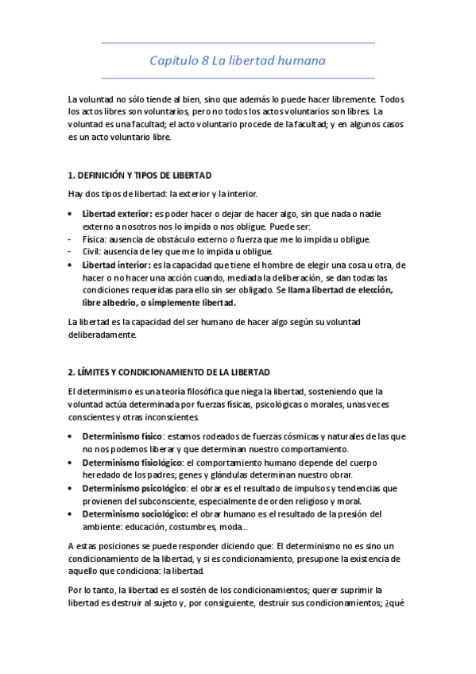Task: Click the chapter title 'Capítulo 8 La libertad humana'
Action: tap(238, 61)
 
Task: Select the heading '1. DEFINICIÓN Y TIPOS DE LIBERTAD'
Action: tap(140, 174)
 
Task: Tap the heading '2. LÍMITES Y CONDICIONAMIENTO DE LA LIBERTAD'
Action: tap(170, 371)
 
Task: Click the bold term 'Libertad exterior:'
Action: tap(117, 214)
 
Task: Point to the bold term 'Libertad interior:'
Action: tap(117, 265)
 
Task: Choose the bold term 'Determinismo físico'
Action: tap(122, 436)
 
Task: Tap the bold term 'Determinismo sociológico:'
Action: tap(133, 513)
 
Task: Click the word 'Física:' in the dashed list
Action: tap(95, 239)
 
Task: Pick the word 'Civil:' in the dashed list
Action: tap(93, 252)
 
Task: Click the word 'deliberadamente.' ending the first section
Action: tap(103, 335)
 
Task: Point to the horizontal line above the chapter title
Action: tap(238, 42)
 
